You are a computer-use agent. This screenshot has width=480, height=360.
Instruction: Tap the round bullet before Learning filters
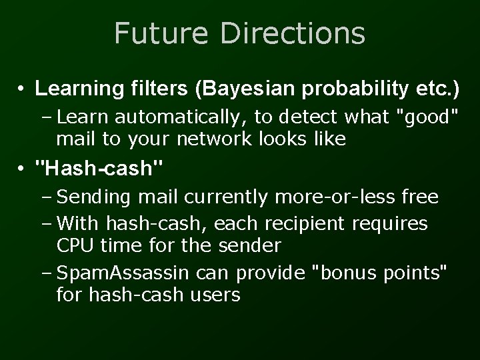point(22,88)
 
